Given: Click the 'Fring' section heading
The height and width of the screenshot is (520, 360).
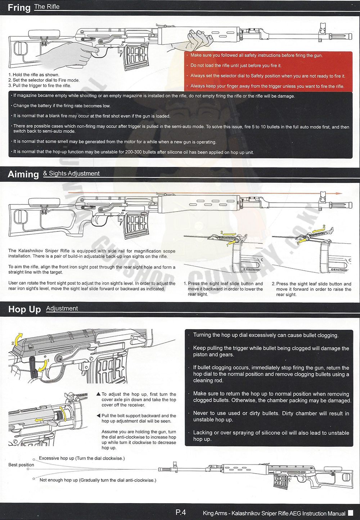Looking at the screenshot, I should [x=19, y=8].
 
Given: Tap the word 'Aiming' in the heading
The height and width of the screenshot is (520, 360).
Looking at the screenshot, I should [x=23, y=174].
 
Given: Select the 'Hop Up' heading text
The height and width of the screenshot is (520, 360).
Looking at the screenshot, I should [x=24, y=309].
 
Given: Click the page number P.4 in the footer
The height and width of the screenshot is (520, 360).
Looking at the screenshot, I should [x=181, y=512].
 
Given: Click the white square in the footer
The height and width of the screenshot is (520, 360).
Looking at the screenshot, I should [x=351, y=513].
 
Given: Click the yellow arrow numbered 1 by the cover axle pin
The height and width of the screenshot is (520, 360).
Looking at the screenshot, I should [x=42, y=366].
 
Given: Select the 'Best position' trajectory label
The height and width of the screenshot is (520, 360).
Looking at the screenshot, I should [x=21, y=465].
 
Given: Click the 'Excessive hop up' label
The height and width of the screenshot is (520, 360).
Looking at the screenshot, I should [x=82, y=458].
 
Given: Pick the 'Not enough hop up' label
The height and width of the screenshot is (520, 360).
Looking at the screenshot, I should [x=98, y=480].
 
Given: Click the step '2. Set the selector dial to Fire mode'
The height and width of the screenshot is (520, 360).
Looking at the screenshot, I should [x=44, y=80].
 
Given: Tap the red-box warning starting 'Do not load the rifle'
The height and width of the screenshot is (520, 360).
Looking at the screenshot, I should [x=236, y=65].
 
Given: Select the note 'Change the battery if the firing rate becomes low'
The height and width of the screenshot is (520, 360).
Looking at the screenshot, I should [x=62, y=106].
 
